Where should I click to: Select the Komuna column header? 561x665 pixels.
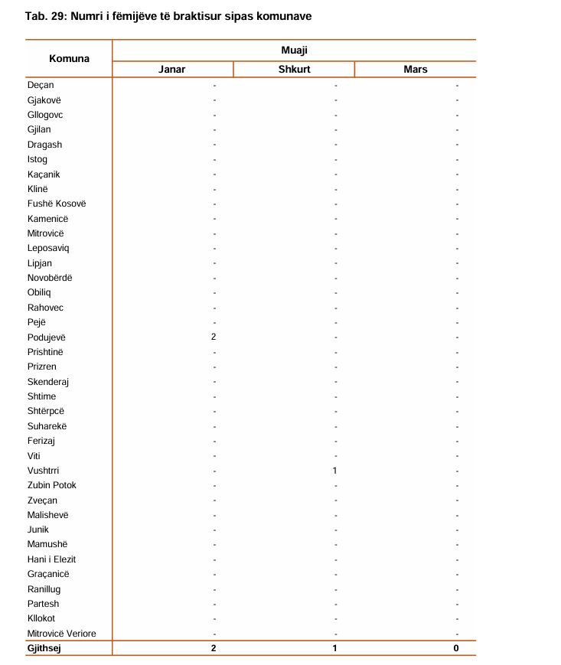tap(69, 59)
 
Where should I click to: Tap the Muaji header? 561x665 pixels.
tap(294, 51)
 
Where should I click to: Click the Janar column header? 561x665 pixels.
tap(172, 70)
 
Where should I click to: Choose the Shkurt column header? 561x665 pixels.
tap(294, 70)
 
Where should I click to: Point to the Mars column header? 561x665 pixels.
tap(415, 70)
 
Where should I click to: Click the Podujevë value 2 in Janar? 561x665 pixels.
tap(214, 337)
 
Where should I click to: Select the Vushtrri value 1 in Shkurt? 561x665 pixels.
tap(335, 471)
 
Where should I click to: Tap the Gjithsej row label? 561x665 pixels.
tap(44, 648)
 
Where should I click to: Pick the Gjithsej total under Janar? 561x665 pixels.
tap(214, 648)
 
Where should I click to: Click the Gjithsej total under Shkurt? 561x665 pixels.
tap(335, 648)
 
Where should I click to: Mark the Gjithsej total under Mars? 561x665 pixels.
tap(456, 648)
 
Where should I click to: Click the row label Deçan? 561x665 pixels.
tap(41, 86)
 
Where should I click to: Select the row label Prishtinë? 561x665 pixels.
tap(45, 352)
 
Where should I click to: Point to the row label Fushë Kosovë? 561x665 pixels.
tap(57, 204)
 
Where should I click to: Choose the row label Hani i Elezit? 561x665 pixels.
tap(51, 559)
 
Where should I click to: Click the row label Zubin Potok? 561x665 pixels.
tap(52, 485)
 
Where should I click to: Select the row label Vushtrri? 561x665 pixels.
tap(43, 471)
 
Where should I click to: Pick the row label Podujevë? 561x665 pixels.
tap(47, 337)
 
